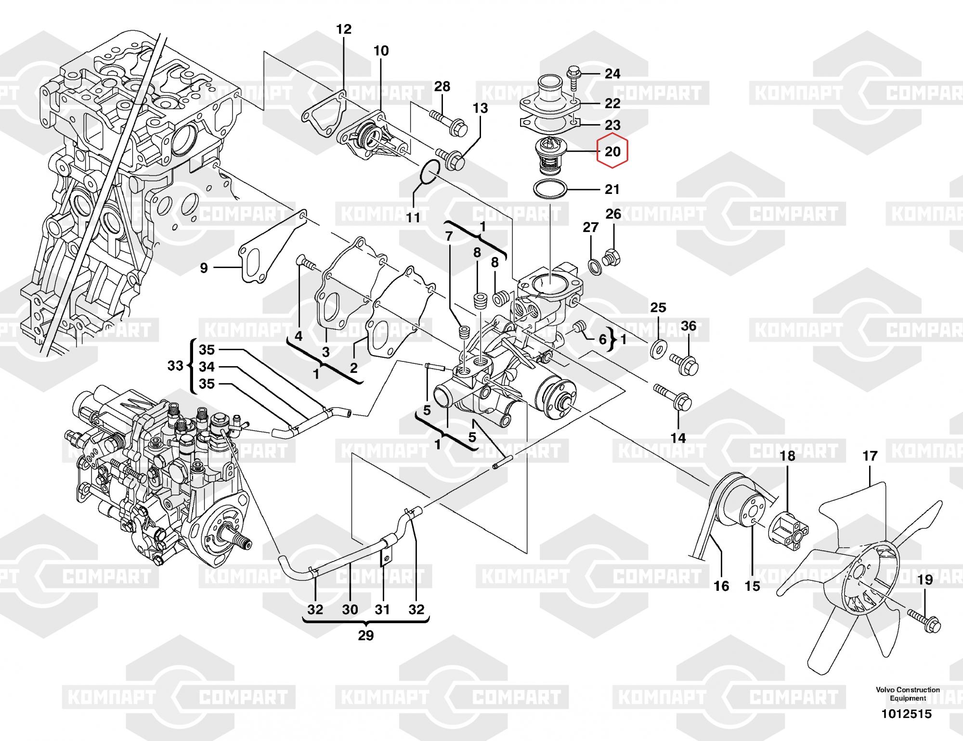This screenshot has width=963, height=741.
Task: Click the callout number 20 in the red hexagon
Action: coord(612,152)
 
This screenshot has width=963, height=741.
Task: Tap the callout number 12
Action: coord(344,29)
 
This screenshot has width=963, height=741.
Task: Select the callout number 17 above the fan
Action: coord(870,456)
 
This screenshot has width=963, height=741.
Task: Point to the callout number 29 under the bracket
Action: coord(366,636)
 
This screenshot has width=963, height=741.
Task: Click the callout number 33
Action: coord(175,366)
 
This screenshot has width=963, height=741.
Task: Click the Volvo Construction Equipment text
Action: coord(908,694)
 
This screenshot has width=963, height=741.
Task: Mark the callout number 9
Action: coord(204,268)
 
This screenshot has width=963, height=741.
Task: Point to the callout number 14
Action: coord(678,438)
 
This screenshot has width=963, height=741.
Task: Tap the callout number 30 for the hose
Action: coord(350,610)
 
